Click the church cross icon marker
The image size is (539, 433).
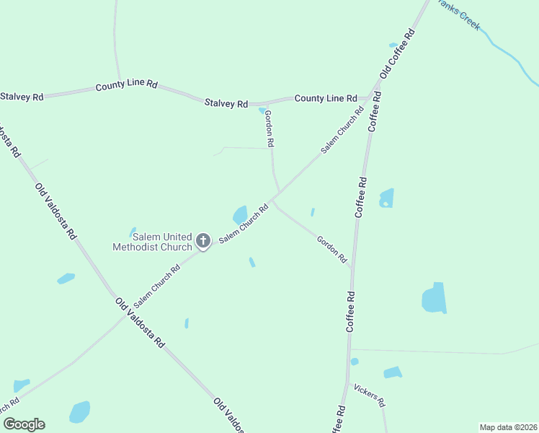203,240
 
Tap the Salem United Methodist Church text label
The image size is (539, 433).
152,242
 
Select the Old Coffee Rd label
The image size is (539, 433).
398,54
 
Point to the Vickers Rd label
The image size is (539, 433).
370,395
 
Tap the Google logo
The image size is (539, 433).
24,424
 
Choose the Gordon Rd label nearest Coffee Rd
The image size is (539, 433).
332,249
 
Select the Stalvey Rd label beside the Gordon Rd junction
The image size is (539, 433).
226,103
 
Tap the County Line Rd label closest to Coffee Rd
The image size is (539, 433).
326,98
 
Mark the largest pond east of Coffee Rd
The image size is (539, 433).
434,298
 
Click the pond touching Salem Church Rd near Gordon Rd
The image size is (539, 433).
240,214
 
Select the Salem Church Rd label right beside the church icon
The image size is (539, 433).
243,223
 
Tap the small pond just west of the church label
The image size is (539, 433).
133,232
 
